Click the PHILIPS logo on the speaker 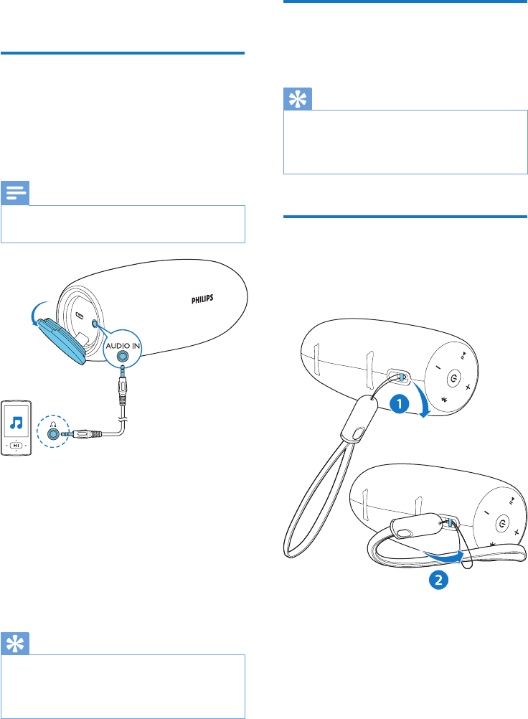tap(201, 298)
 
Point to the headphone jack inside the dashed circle tap(53, 433)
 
